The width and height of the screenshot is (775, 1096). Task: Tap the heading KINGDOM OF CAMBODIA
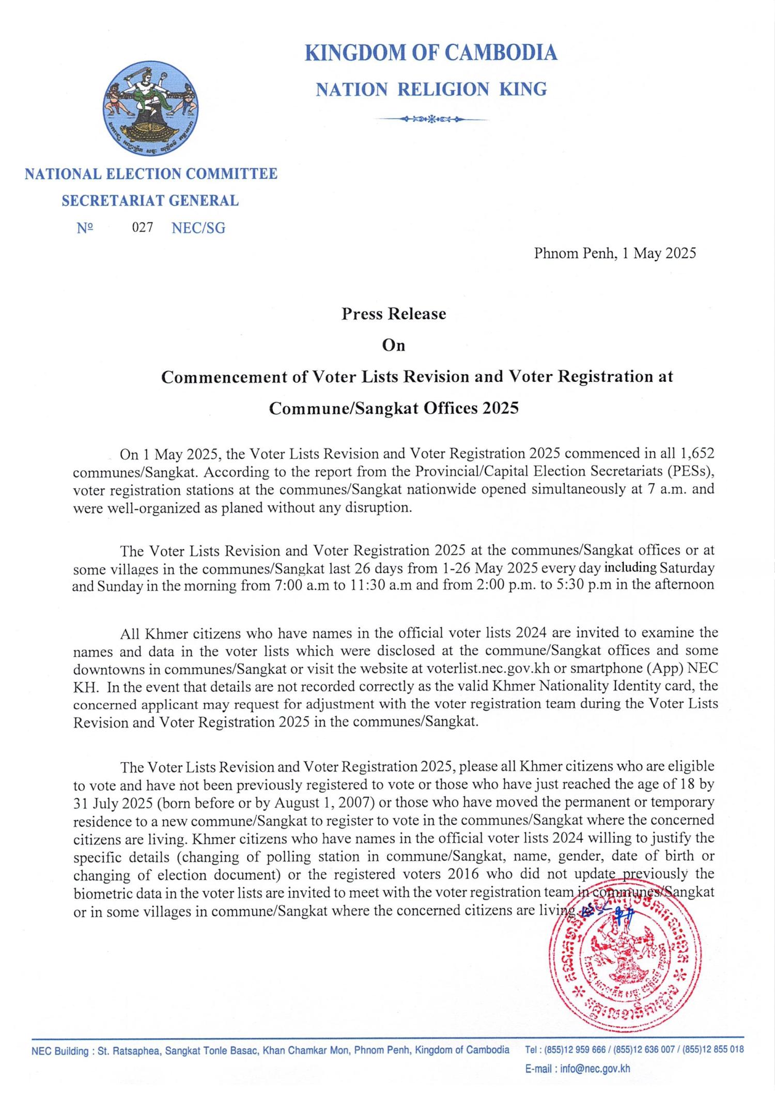431,53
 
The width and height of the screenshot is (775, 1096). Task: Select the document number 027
142,228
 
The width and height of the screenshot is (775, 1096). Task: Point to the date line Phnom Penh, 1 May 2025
615,253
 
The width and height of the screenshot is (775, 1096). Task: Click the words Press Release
393,314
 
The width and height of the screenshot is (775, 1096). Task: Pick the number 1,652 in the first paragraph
698,454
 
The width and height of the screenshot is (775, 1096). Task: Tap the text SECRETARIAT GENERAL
150,200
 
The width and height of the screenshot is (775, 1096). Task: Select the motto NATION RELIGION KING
431,90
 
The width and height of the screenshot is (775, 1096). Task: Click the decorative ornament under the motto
431,119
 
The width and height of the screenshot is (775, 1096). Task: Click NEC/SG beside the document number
198,228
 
